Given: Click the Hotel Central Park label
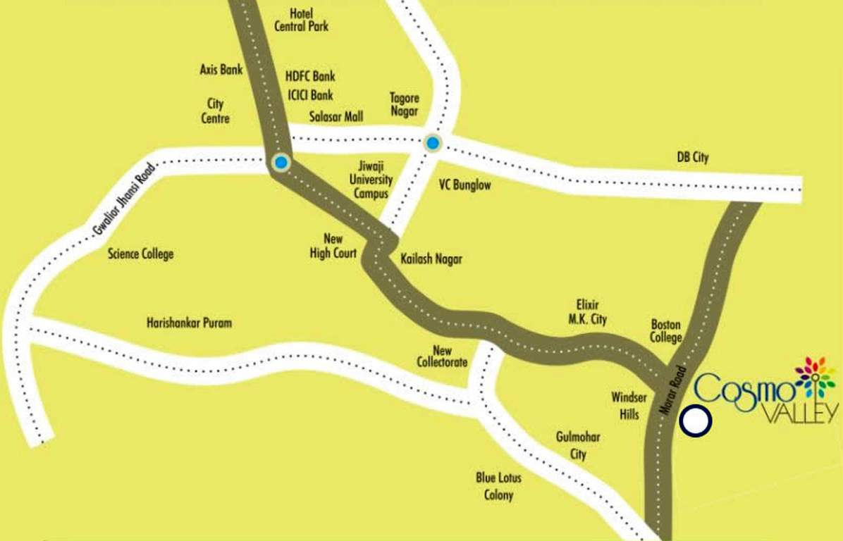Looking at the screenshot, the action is click(x=301, y=20).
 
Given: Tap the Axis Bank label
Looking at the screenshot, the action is click(x=221, y=70).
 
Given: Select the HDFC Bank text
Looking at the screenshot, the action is click(x=310, y=76).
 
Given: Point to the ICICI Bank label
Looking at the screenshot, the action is click(x=310, y=94).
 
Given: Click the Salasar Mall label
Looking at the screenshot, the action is click(x=336, y=116).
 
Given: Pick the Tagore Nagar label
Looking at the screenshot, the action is click(x=405, y=105).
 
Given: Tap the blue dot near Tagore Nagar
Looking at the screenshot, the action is click(x=433, y=143).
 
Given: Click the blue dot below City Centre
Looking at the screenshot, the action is click(x=281, y=163).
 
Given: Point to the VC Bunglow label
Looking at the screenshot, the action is click(x=464, y=185).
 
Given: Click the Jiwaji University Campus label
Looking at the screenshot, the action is click(x=371, y=180).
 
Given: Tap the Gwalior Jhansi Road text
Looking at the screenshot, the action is click(x=123, y=199).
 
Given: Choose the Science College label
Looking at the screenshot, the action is click(x=140, y=254).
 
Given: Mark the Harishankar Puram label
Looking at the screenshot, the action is click(x=189, y=323).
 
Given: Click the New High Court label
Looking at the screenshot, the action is click(x=333, y=246).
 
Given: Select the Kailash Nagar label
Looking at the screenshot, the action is click(x=431, y=259).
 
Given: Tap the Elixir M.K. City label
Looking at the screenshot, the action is click(x=587, y=312).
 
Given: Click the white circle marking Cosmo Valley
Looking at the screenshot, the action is click(x=696, y=421).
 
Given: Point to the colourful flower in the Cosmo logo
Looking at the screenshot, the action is click(x=815, y=375).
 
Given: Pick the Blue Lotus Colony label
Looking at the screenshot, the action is click(x=498, y=486).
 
